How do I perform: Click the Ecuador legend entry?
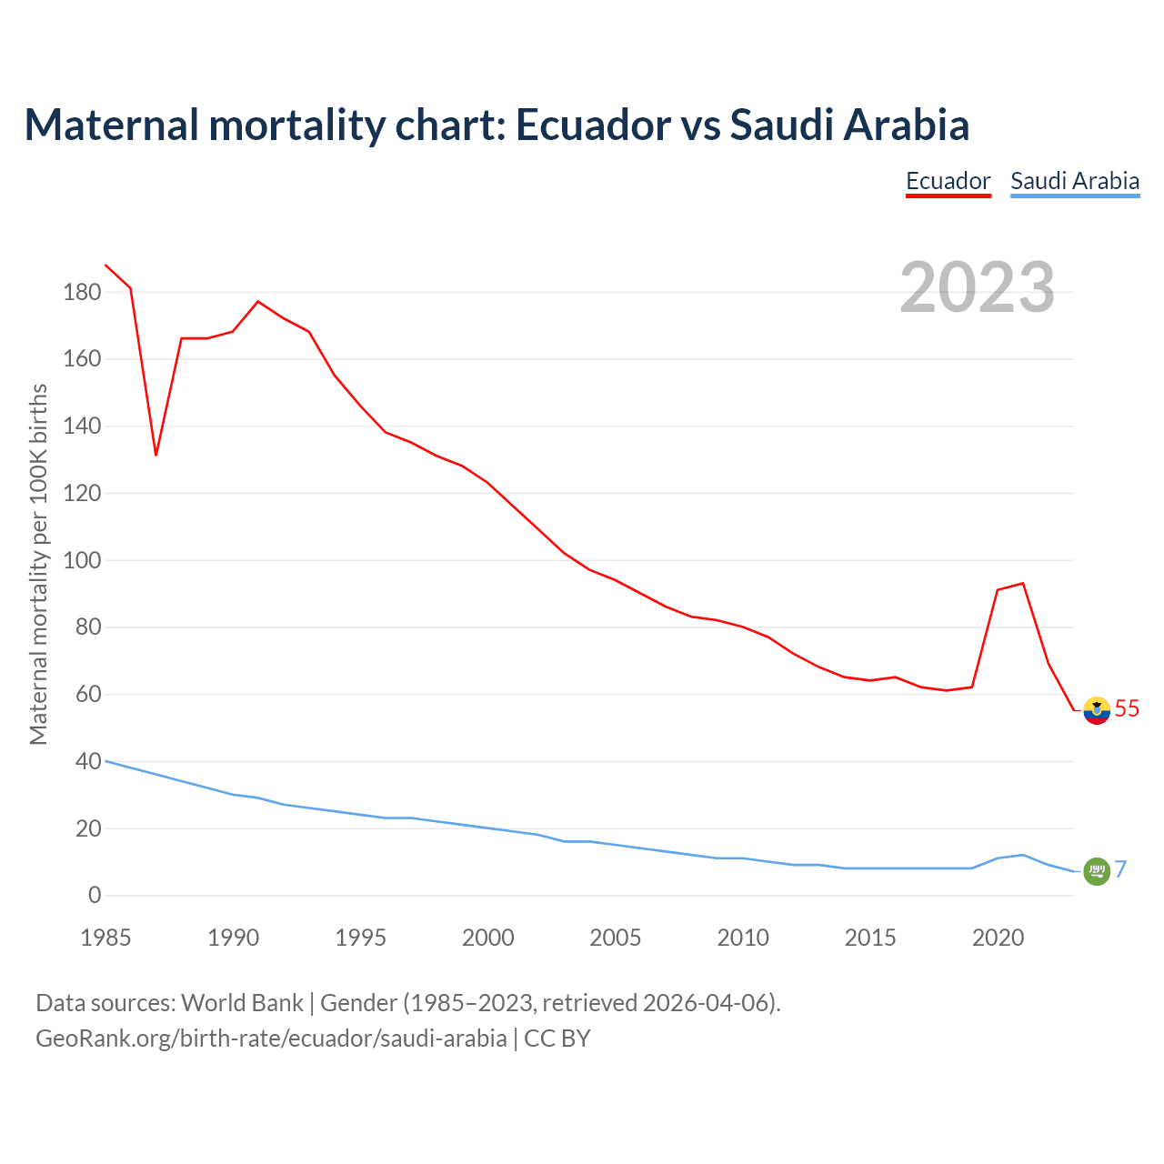click(948, 181)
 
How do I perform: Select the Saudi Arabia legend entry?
click(1075, 181)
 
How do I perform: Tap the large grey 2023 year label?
click(978, 287)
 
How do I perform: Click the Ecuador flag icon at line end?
click(1097, 709)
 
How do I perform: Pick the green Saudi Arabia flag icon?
click(1097, 870)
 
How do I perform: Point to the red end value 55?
click(1127, 708)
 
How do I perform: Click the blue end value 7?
click(1121, 869)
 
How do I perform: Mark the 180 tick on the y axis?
click(82, 293)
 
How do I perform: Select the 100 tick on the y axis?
click(82, 560)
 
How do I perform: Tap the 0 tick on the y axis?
click(95, 896)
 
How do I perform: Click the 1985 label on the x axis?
click(105, 938)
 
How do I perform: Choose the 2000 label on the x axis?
click(488, 938)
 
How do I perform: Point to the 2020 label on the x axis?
click(998, 938)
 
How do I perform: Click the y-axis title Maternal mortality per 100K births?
click(38, 564)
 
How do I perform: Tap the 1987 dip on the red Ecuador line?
click(156, 454)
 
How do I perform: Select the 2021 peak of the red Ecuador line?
click(1023, 584)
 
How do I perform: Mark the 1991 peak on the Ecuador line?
click(258, 301)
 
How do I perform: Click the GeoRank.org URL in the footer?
click(271, 1038)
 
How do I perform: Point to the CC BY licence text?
click(557, 1038)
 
